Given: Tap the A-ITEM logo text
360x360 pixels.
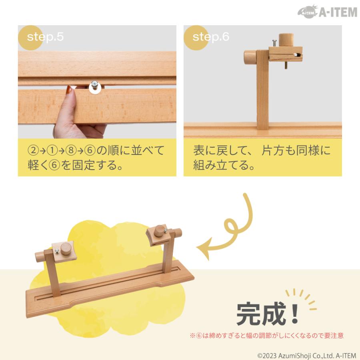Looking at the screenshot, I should pyautogui.click(x=338, y=12).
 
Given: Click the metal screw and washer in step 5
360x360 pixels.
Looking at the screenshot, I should pyautogui.click(x=95, y=86).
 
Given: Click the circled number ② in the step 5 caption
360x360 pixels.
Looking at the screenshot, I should pyautogui.click(x=32, y=151).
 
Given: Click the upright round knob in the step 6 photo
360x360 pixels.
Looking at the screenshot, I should pyautogui.click(x=286, y=40).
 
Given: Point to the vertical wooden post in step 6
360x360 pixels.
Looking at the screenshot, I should pyautogui.click(x=263, y=92).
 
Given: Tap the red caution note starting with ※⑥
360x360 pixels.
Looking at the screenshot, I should pyautogui.click(x=266, y=336).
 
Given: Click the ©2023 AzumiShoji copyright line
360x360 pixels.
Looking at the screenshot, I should pyautogui.click(x=306, y=354).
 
